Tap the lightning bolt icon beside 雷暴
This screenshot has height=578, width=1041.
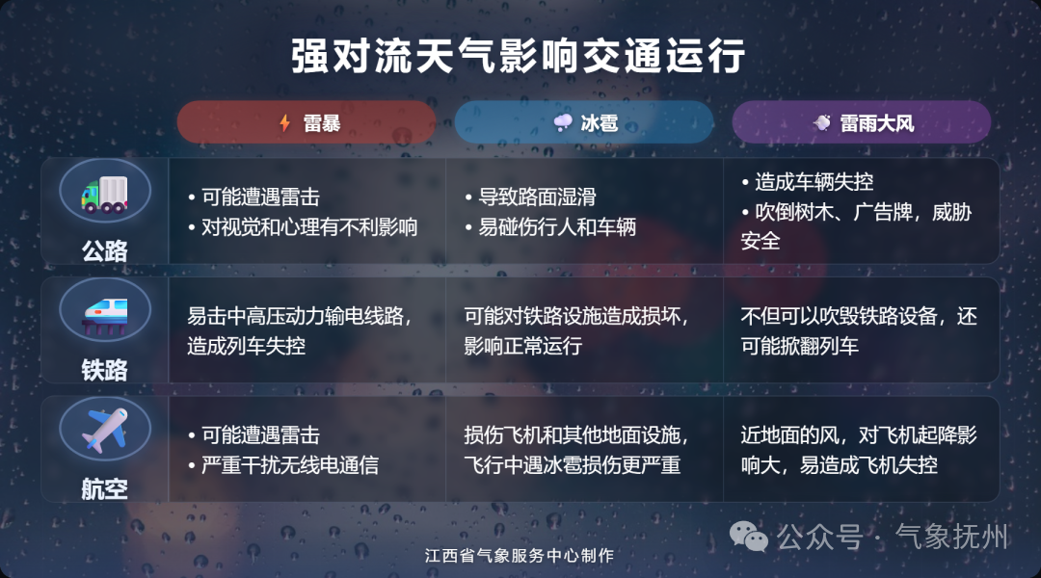coord(284,123)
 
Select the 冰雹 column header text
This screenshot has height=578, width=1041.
coord(598,123)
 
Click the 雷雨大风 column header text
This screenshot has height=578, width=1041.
coord(876,123)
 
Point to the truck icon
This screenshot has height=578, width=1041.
coord(105,193)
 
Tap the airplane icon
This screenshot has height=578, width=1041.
coord(105,430)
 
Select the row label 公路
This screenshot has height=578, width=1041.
coord(105,250)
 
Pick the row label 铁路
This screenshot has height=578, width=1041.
coord(105,370)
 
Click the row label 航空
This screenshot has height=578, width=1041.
coord(105,488)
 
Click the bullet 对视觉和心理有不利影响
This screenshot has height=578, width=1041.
coord(308,228)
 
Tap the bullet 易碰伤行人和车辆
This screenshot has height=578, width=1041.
coord(557,228)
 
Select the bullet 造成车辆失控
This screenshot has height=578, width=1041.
coord(814,183)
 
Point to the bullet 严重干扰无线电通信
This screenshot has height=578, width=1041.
coord(289,465)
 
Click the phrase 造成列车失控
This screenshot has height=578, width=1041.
coord(246,346)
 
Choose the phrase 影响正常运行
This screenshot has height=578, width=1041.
coord(523,346)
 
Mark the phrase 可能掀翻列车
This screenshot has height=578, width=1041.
coord(800,346)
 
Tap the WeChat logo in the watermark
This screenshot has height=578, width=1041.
coord(750,536)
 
